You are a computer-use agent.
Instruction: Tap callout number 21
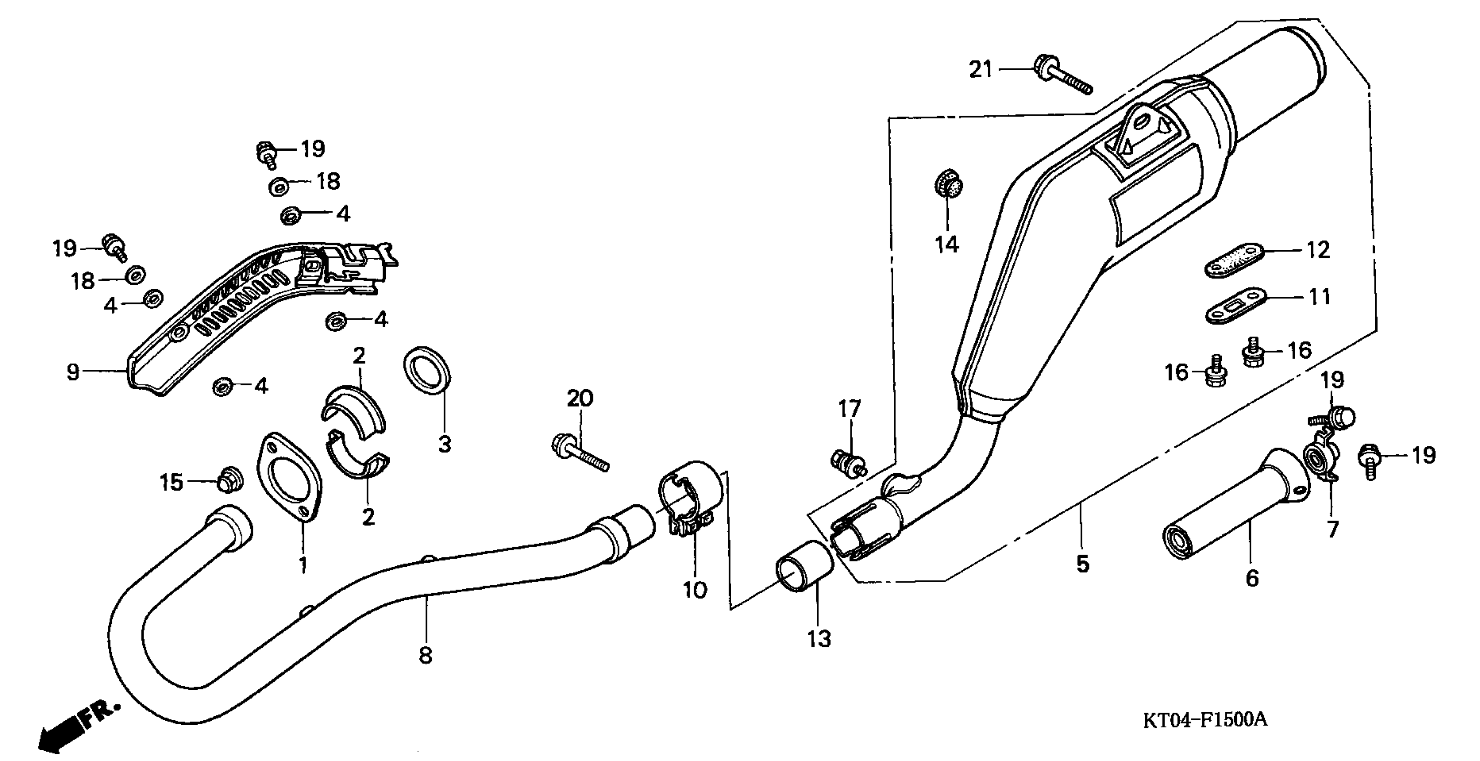pos(981,69)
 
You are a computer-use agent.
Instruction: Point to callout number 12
pos(1318,250)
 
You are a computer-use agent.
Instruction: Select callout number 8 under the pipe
pos(426,654)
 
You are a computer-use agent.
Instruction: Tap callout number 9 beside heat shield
pos(73,371)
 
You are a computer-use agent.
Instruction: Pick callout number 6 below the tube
pos(1252,577)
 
